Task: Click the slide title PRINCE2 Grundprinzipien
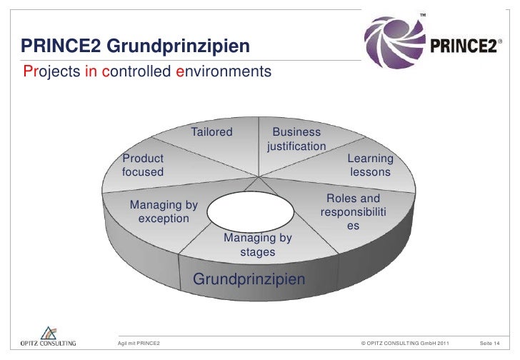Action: pos(135,47)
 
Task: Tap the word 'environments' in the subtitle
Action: pos(224,72)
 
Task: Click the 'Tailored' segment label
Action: pos(211,132)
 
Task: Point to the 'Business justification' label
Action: pos(296,139)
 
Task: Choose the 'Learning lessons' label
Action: pos(370,165)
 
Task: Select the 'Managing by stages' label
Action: pos(257,245)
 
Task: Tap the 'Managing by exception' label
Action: pos(164,212)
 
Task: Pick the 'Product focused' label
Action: pos(143,165)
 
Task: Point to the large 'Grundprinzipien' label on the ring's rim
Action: pos(249,278)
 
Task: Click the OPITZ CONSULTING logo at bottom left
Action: pos(49,336)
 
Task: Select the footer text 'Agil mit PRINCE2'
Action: pos(139,344)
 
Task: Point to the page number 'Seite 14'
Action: pos(489,344)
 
